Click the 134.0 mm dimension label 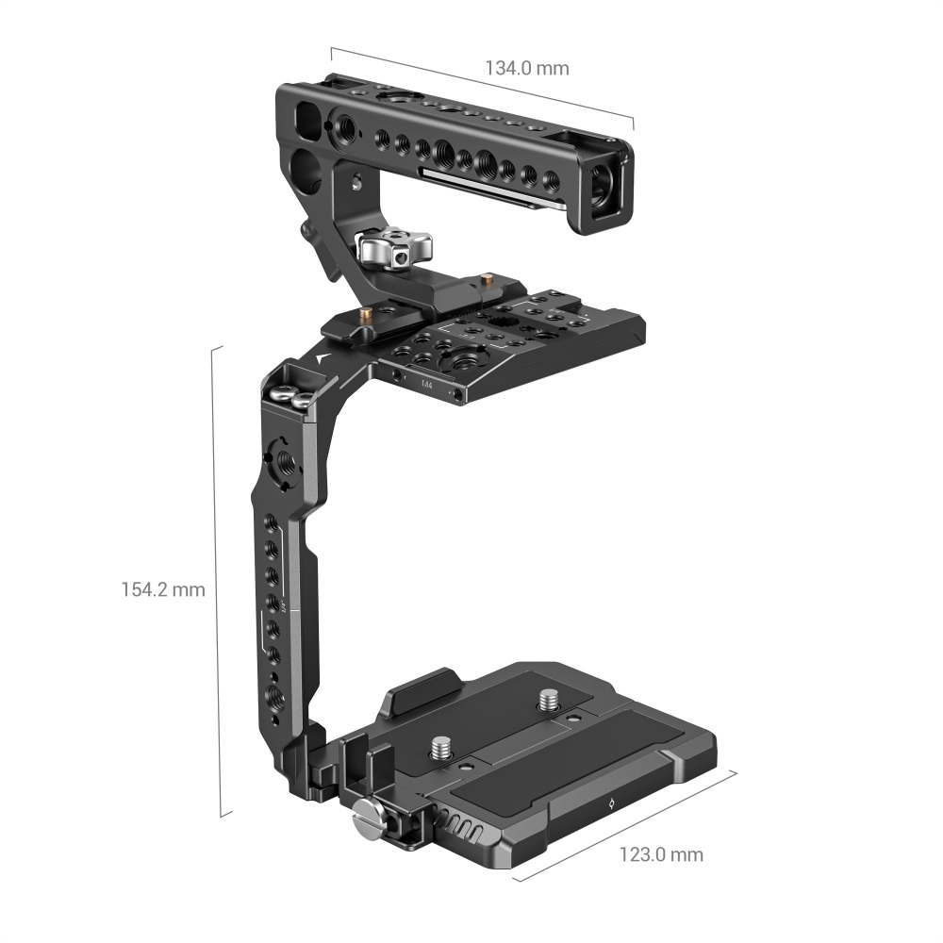527,68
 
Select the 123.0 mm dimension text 661,855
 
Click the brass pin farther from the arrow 487,279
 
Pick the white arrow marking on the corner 324,357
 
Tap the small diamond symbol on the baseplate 610,804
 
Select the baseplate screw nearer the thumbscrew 439,748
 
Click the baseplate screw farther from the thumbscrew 547,700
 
